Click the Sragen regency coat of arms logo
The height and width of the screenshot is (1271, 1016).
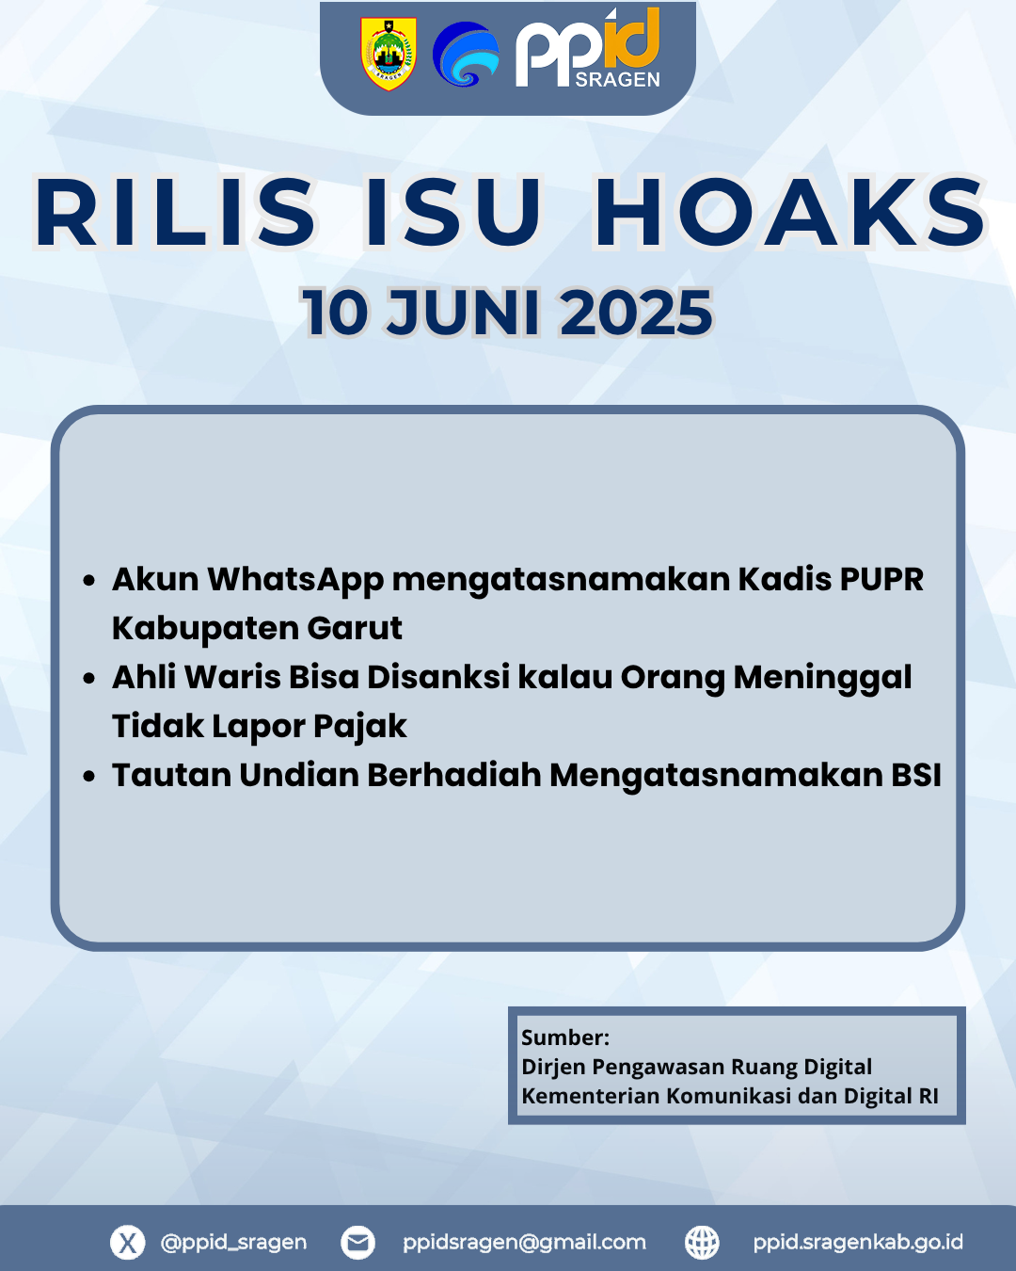click(389, 53)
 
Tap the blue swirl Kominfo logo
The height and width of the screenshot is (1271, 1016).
click(466, 55)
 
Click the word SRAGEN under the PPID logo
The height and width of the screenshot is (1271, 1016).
click(617, 80)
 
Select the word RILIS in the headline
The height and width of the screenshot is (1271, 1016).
click(175, 212)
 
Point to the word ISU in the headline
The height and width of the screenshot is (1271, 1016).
click(453, 212)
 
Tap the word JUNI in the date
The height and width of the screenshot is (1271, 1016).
click(464, 312)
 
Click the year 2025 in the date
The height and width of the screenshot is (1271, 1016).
click(636, 312)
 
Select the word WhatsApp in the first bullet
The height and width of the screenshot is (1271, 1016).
click(295, 580)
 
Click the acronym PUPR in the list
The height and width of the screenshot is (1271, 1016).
click(881, 579)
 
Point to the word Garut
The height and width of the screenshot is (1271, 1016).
click(355, 628)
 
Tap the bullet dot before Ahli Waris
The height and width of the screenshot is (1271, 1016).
click(89, 679)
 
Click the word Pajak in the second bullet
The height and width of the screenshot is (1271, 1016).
click(359, 727)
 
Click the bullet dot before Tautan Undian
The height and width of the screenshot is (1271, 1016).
click(89, 777)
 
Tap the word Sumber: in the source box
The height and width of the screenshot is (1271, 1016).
click(565, 1038)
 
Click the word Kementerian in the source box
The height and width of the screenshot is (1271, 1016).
click(591, 1096)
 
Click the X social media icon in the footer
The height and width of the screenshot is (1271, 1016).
click(128, 1242)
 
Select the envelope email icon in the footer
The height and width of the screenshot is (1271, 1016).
click(357, 1242)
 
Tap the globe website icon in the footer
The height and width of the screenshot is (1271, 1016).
click(702, 1242)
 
